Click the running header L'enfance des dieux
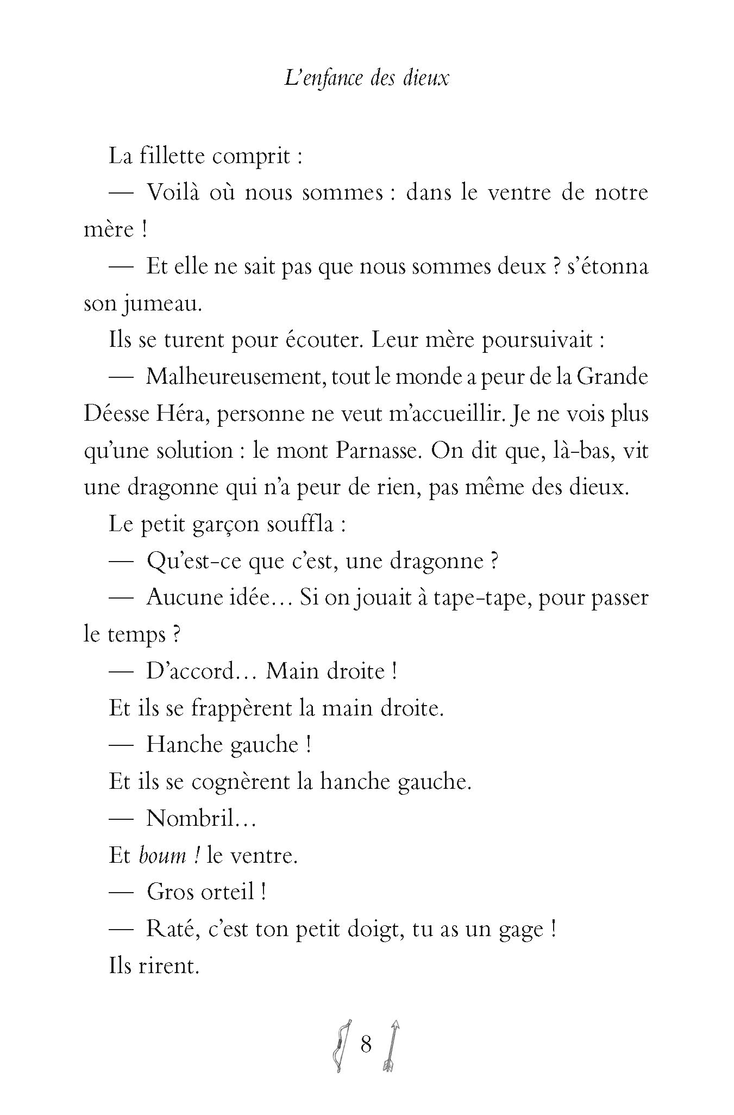[x=367, y=79]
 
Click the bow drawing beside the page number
[x=341, y=1045]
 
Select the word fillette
[x=172, y=157]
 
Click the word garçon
[x=225, y=525]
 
